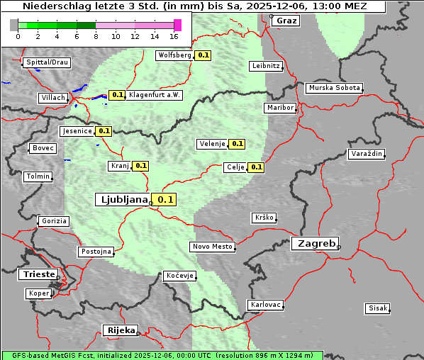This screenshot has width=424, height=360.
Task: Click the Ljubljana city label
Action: (123, 200)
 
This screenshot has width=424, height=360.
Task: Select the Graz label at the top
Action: (286, 21)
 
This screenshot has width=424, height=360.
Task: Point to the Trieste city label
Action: (37, 274)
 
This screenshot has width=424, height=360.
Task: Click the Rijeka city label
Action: (121, 330)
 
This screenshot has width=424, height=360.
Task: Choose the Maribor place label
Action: (279, 108)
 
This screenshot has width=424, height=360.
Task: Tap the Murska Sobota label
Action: (334, 89)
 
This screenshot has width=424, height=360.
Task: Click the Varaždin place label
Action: (367, 154)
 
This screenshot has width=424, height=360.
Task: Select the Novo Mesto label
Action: (212, 247)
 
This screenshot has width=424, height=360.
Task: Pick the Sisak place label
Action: (377, 308)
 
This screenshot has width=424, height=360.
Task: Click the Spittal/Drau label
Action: (47, 62)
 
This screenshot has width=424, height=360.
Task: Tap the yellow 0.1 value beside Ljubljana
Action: (165, 200)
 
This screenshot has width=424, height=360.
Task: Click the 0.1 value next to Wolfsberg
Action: (203, 55)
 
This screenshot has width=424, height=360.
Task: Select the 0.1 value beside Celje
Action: (256, 168)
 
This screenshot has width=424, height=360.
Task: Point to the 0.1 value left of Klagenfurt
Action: (117, 95)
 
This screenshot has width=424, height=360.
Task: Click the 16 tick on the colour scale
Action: (174, 35)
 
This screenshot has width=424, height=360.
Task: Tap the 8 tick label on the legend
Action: (96, 35)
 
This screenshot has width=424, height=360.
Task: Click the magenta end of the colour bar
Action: (177, 25)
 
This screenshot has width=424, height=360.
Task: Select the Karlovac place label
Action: (266, 305)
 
